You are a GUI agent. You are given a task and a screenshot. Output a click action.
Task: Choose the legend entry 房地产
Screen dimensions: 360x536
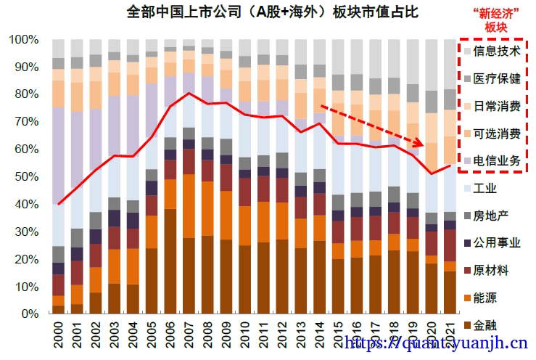(x=490, y=216)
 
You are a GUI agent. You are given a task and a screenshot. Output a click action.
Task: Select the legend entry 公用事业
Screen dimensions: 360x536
(x=496, y=242)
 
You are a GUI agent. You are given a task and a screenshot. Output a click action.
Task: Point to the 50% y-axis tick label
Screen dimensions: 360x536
(x=26, y=176)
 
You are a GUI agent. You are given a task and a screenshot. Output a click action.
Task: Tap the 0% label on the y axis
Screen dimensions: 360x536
(x=30, y=314)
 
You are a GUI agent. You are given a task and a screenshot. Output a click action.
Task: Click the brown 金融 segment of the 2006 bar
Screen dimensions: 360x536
(x=170, y=261)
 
